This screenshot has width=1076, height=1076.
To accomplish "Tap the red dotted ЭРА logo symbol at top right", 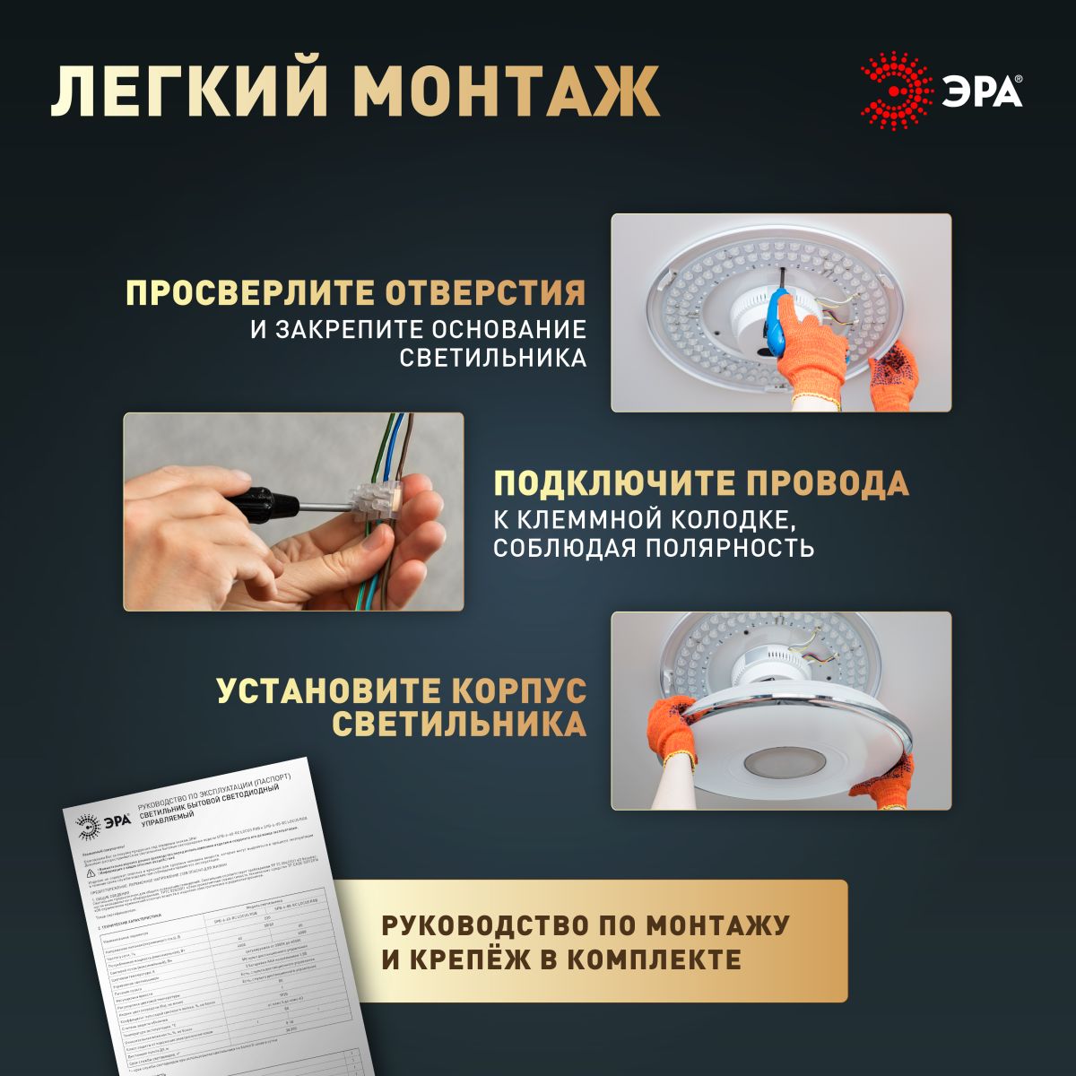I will point(894,91).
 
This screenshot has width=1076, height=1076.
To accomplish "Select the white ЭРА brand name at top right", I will point(980,91).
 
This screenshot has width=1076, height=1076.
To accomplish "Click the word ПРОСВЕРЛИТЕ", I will point(250,293).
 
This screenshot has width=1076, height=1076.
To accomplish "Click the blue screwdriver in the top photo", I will point(777,322).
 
